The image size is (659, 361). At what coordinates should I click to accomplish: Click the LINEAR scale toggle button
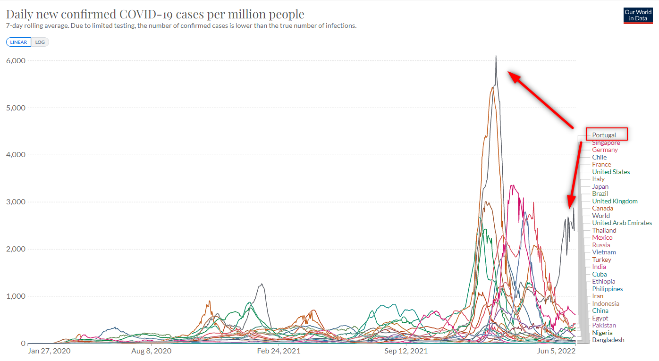click(x=19, y=42)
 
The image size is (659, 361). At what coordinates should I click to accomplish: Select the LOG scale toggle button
click(x=40, y=42)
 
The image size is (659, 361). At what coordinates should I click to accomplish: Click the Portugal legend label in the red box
click(x=604, y=135)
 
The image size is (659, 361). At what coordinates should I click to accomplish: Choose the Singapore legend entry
click(x=606, y=143)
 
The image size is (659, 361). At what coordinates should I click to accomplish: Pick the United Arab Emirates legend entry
click(x=622, y=223)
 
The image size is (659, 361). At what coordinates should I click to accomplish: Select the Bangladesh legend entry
click(x=608, y=340)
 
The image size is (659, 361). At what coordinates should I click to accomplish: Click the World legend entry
click(x=601, y=216)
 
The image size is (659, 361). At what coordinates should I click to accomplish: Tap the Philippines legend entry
click(x=608, y=289)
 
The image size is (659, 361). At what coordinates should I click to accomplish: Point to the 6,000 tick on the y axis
click(x=16, y=61)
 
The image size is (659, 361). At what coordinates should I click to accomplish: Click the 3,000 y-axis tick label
click(x=16, y=202)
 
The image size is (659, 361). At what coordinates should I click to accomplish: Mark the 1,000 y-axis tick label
click(x=16, y=296)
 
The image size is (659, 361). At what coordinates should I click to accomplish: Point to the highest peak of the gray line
click(x=496, y=56)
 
